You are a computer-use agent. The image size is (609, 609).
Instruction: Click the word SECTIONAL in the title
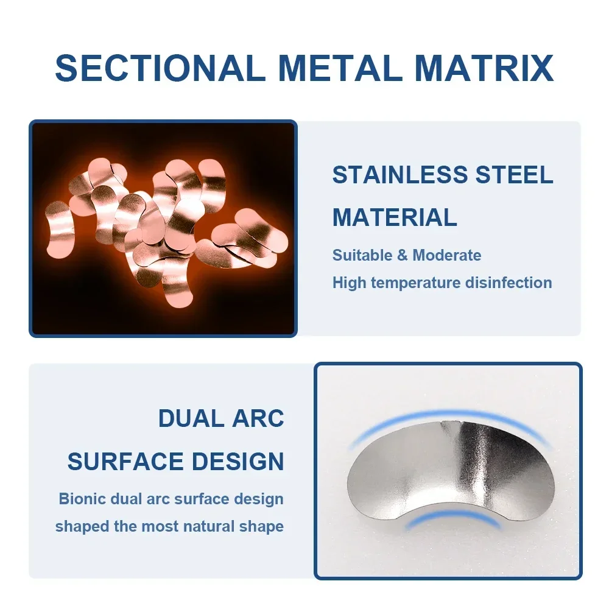158,68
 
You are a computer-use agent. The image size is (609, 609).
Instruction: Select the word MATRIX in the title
484,68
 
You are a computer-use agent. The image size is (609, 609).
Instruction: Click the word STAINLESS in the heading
400,174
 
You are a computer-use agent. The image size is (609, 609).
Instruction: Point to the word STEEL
514,174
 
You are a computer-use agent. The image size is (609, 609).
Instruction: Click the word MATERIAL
395,217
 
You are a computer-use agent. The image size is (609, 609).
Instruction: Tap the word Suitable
362,256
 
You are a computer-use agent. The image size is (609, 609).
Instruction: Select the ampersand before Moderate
403,256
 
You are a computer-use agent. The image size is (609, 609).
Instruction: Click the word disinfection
509,283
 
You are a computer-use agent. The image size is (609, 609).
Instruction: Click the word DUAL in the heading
190,418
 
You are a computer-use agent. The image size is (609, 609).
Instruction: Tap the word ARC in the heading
258,418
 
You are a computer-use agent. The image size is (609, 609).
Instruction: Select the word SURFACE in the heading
125,462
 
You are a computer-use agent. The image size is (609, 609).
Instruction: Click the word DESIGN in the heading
238,462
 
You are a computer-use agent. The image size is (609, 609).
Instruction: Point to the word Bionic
82,499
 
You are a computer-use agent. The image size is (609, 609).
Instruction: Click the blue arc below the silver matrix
454,515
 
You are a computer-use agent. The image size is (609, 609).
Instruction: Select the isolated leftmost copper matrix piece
60,230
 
